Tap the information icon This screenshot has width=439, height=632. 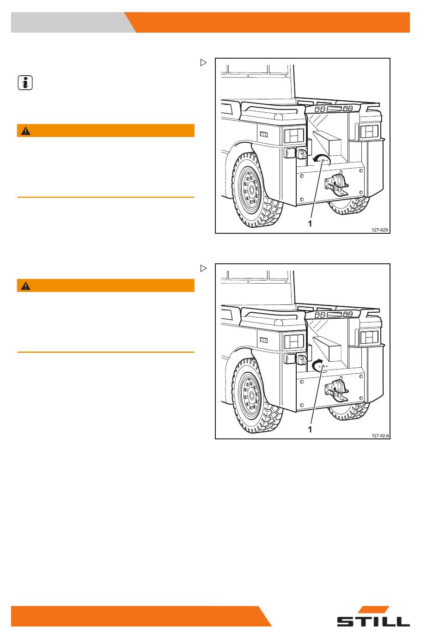coord(25,83)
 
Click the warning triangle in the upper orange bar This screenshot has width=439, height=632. coord(26,131)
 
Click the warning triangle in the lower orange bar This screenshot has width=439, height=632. coord(26,286)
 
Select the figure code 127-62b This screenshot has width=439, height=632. coord(380,230)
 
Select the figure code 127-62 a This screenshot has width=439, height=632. coord(380,435)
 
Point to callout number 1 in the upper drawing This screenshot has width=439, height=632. coord(310,224)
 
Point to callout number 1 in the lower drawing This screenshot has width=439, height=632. coord(310,430)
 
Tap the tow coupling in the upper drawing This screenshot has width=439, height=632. coord(336,184)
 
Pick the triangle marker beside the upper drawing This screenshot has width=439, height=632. coord(203,62)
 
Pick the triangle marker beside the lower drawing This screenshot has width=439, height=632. coord(203,268)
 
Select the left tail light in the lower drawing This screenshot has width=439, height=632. coord(294,341)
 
